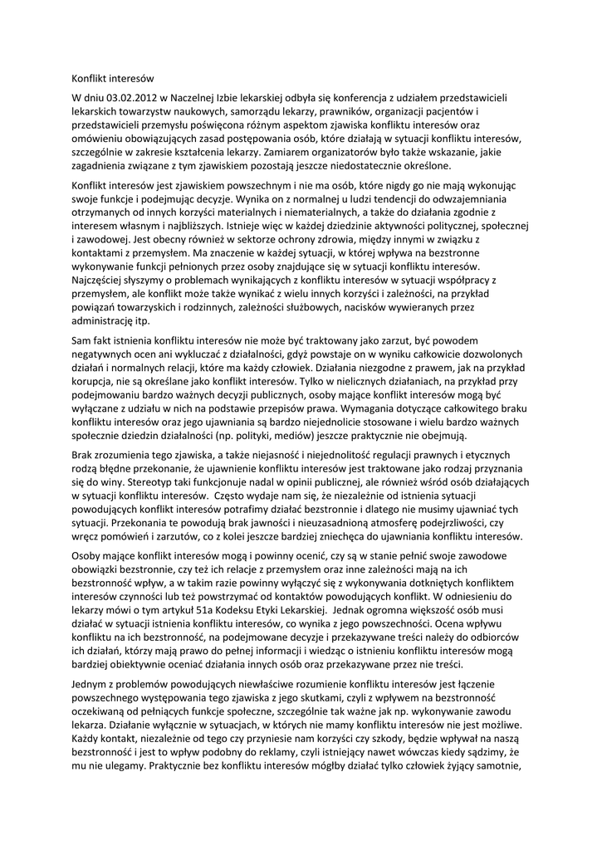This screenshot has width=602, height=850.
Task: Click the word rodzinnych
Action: click(x=219, y=306)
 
